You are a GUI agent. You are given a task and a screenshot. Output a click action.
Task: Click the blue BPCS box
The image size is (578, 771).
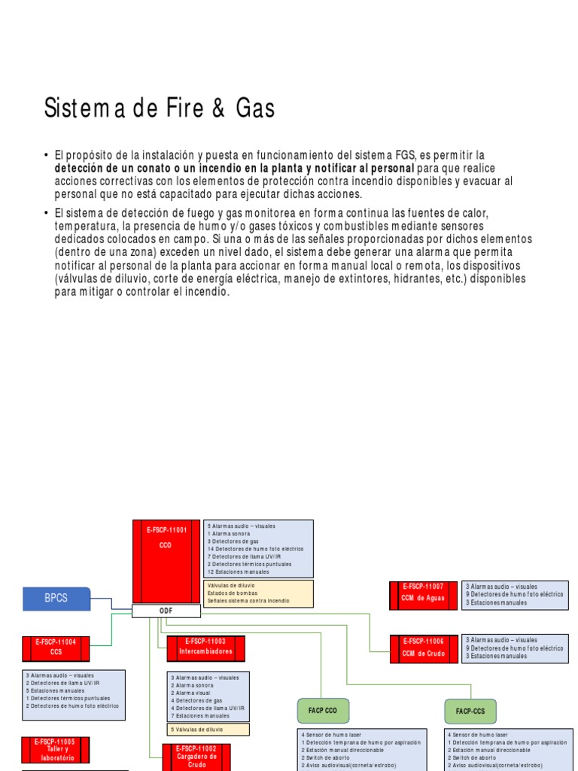click(x=56, y=598)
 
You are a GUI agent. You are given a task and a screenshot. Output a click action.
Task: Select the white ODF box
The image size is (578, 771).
click(x=166, y=611)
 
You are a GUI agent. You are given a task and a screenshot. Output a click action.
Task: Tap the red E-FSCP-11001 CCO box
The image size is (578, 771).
click(x=166, y=561)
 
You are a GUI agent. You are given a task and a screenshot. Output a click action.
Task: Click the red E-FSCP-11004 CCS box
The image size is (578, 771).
click(x=56, y=647)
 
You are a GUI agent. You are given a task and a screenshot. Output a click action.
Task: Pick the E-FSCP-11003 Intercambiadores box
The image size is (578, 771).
click(x=205, y=646)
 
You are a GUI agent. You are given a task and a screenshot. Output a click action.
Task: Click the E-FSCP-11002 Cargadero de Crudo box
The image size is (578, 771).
click(x=196, y=757)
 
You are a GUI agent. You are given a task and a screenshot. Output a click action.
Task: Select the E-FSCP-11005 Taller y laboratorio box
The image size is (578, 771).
click(x=56, y=750)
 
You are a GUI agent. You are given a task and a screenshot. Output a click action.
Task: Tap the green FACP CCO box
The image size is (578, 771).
click(x=323, y=709)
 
